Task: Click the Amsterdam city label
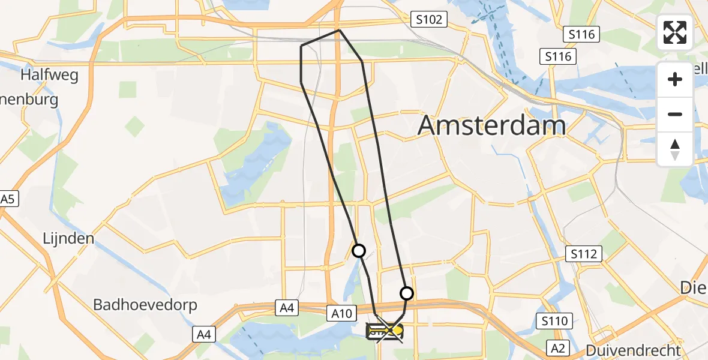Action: (x=491, y=126)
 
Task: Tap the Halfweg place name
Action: (x=47, y=75)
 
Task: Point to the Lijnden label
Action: (x=68, y=238)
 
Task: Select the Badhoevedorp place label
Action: (x=145, y=305)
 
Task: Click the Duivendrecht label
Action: (x=634, y=350)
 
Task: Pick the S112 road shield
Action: (x=584, y=254)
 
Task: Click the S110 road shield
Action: (x=554, y=321)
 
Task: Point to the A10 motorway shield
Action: (x=343, y=312)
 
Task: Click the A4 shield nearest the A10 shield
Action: (x=287, y=308)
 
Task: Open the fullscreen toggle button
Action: (x=675, y=32)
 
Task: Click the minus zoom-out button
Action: (x=675, y=114)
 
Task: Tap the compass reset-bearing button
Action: (x=675, y=149)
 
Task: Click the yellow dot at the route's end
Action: (x=397, y=330)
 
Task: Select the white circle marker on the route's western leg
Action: (x=359, y=251)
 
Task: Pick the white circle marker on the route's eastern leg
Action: (x=407, y=293)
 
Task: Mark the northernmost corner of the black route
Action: (x=340, y=30)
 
